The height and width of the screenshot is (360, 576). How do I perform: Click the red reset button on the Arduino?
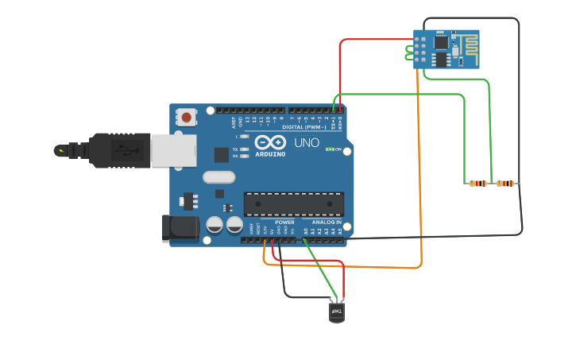pyautogui.click(x=186, y=118)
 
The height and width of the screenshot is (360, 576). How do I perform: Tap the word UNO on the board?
pyautogui.click(x=307, y=143)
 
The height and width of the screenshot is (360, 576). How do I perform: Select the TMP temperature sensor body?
pyautogui.click(x=337, y=312)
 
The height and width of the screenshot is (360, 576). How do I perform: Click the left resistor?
pyautogui.click(x=477, y=184)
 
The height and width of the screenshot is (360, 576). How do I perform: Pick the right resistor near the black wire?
pyautogui.click(x=504, y=184)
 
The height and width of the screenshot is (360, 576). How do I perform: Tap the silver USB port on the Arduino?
pyautogui.click(x=173, y=149)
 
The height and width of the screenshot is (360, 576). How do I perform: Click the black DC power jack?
pyautogui.click(x=180, y=229)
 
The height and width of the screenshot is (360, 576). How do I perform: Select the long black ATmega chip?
pyautogui.click(x=293, y=204)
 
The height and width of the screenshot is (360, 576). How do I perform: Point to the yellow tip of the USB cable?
pyautogui.click(x=60, y=149)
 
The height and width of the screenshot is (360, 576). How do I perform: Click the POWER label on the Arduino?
pyautogui.click(x=284, y=223)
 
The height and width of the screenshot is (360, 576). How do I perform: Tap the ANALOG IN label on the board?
pyautogui.click(x=327, y=223)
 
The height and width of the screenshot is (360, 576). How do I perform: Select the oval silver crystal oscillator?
pyautogui.click(x=219, y=177)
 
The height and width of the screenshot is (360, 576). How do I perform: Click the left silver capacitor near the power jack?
pyautogui.click(x=215, y=225)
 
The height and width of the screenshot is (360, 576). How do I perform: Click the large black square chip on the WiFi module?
pyautogui.click(x=440, y=43)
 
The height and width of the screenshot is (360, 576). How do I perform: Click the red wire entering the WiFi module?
pyautogui.click(x=373, y=39)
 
